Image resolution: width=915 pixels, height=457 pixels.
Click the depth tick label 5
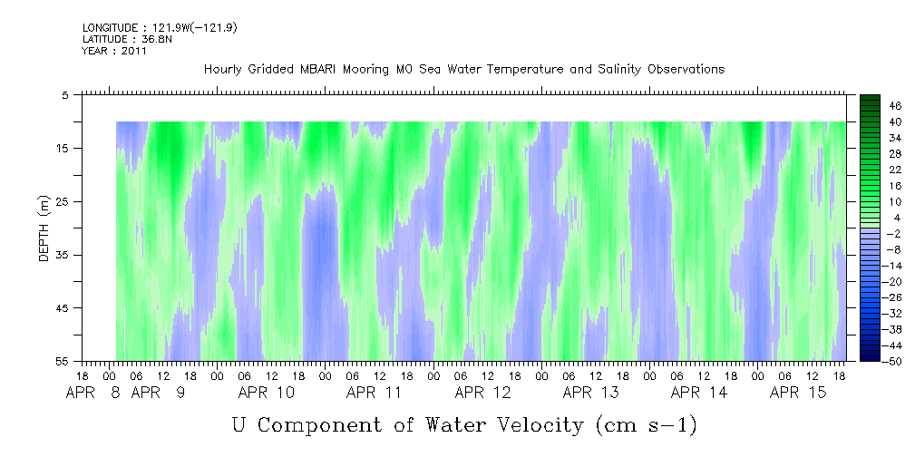[64, 95]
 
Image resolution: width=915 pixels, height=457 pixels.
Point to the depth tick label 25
[61, 202]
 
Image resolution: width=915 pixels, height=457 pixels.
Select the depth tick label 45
[61, 308]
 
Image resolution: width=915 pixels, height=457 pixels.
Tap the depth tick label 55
[61, 361]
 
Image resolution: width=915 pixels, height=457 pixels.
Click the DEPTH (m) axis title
[44, 228]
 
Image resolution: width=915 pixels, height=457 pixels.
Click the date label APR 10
[266, 393]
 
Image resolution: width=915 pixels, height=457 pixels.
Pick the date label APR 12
[482, 393]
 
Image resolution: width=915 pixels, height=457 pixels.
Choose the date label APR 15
[798, 393]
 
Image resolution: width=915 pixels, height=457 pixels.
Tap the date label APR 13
[591, 393]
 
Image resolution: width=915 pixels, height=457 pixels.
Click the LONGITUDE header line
[160, 27]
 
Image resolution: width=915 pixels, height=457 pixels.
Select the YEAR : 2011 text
[114, 51]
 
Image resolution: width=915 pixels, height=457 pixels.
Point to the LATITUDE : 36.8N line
[127, 39]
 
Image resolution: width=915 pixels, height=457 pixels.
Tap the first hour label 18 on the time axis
[83, 376]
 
